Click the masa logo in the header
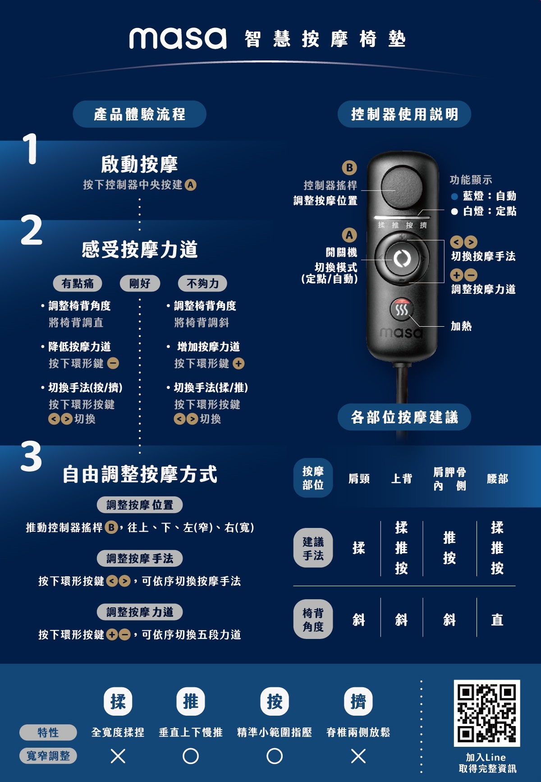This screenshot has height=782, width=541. click(178, 38)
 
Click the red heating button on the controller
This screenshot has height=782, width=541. click(401, 309)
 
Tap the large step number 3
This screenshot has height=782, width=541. click(31, 457)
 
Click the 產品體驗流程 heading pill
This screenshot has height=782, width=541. click(139, 114)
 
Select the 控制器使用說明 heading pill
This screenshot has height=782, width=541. click(404, 114)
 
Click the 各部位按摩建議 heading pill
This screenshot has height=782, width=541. click(404, 417)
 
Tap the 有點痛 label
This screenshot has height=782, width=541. click(78, 283)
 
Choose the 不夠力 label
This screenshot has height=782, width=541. click(202, 283)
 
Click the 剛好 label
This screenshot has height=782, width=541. click(140, 283)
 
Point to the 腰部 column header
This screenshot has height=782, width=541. click(497, 479)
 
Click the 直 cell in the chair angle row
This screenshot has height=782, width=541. click(497, 620)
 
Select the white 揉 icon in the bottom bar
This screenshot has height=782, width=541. click(118, 701)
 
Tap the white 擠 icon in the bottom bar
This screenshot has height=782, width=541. click(358, 701)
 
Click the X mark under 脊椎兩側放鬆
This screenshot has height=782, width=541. click(358, 756)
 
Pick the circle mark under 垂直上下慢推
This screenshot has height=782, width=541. click(191, 756)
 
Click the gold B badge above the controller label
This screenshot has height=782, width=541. click(349, 167)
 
